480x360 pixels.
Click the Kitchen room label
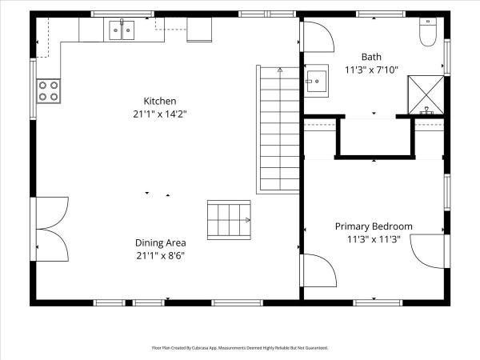click(160, 101)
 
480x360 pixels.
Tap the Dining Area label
click(161, 242)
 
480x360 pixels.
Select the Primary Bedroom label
click(374, 226)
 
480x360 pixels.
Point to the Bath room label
click(371, 57)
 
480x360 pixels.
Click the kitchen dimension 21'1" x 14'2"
click(160, 114)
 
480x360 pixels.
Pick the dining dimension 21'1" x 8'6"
click(161, 256)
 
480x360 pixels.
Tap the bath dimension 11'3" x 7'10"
click(371, 70)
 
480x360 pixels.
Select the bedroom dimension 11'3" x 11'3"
click(374, 239)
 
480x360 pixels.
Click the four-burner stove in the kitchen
click(48, 91)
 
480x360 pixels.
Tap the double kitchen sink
click(122, 30)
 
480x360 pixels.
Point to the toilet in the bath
click(428, 32)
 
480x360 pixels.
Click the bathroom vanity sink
click(317, 81)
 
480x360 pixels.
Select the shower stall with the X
click(426, 95)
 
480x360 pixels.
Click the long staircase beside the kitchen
click(278, 130)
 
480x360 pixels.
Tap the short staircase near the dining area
click(229, 220)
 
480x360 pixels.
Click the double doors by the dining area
click(49, 229)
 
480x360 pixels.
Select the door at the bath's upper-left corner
click(317, 37)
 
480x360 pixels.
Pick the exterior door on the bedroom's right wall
click(430, 251)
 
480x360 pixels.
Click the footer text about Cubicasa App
click(240, 348)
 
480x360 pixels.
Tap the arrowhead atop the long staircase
click(280, 70)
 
